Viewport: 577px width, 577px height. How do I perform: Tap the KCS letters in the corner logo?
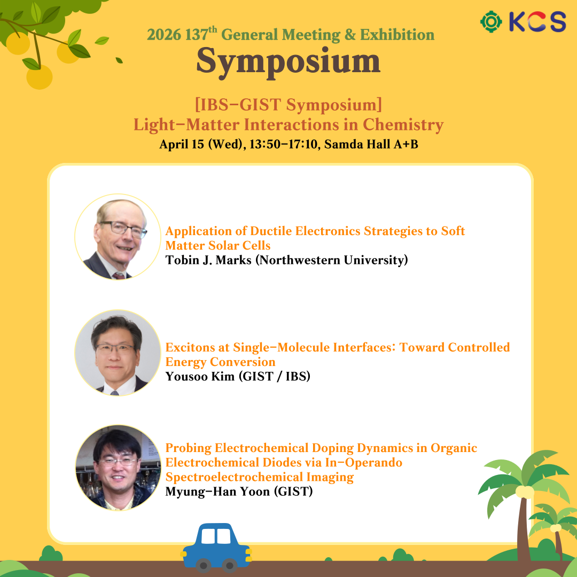(x=537, y=22)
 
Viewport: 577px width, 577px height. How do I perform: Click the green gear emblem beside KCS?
(x=491, y=22)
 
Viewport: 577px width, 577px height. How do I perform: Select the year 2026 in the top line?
(x=164, y=35)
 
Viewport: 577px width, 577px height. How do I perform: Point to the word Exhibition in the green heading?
(x=397, y=35)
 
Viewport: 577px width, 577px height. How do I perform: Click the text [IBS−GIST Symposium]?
(x=288, y=105)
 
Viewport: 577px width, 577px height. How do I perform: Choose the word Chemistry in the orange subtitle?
(x=403, y=125)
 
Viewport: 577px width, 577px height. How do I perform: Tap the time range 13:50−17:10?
(x=283, y=144)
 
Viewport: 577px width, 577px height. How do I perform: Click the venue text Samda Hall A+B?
(x=371, y=144)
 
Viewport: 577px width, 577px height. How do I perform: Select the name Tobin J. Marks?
(x=208, y=260)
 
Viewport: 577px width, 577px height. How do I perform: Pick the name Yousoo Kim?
(x=200, y=376)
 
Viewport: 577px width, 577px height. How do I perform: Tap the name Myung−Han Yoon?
(x=217, y=492)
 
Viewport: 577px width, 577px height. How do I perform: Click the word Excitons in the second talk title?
(x=197, y=347)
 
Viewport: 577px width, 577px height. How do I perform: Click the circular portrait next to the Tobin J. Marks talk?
(x=118, y=237)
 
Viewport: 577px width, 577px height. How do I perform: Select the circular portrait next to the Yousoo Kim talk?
(x=118, y=353)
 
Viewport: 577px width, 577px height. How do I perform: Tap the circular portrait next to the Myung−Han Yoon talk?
(x=118, y=467)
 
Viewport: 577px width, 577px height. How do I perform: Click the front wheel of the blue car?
(x=230, y=565)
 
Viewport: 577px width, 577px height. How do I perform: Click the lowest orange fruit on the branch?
(x=40, y=77)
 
